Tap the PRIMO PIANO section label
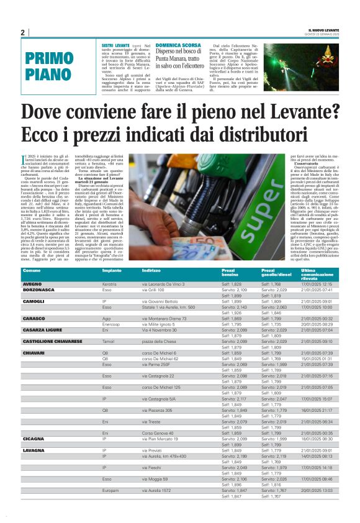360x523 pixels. tap(49, 66)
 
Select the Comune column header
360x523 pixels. tap(32, 271)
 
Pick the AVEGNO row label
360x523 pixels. tap(32, 284)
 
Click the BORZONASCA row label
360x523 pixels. tap(38, 289)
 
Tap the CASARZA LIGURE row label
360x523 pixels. tap(41, 330)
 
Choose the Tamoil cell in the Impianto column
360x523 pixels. tap(109, 342)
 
